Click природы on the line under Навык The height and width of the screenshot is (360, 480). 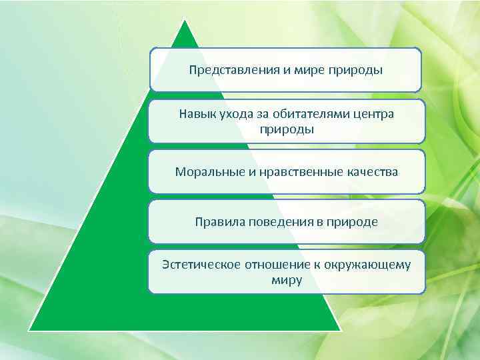[x=287, y=129]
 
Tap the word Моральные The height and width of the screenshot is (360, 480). [x=205, y=172]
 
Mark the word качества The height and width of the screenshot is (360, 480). [x=373, y=172]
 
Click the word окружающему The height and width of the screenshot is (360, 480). [x=369, y=265]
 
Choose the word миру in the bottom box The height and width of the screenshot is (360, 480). [x=287, y=280]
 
